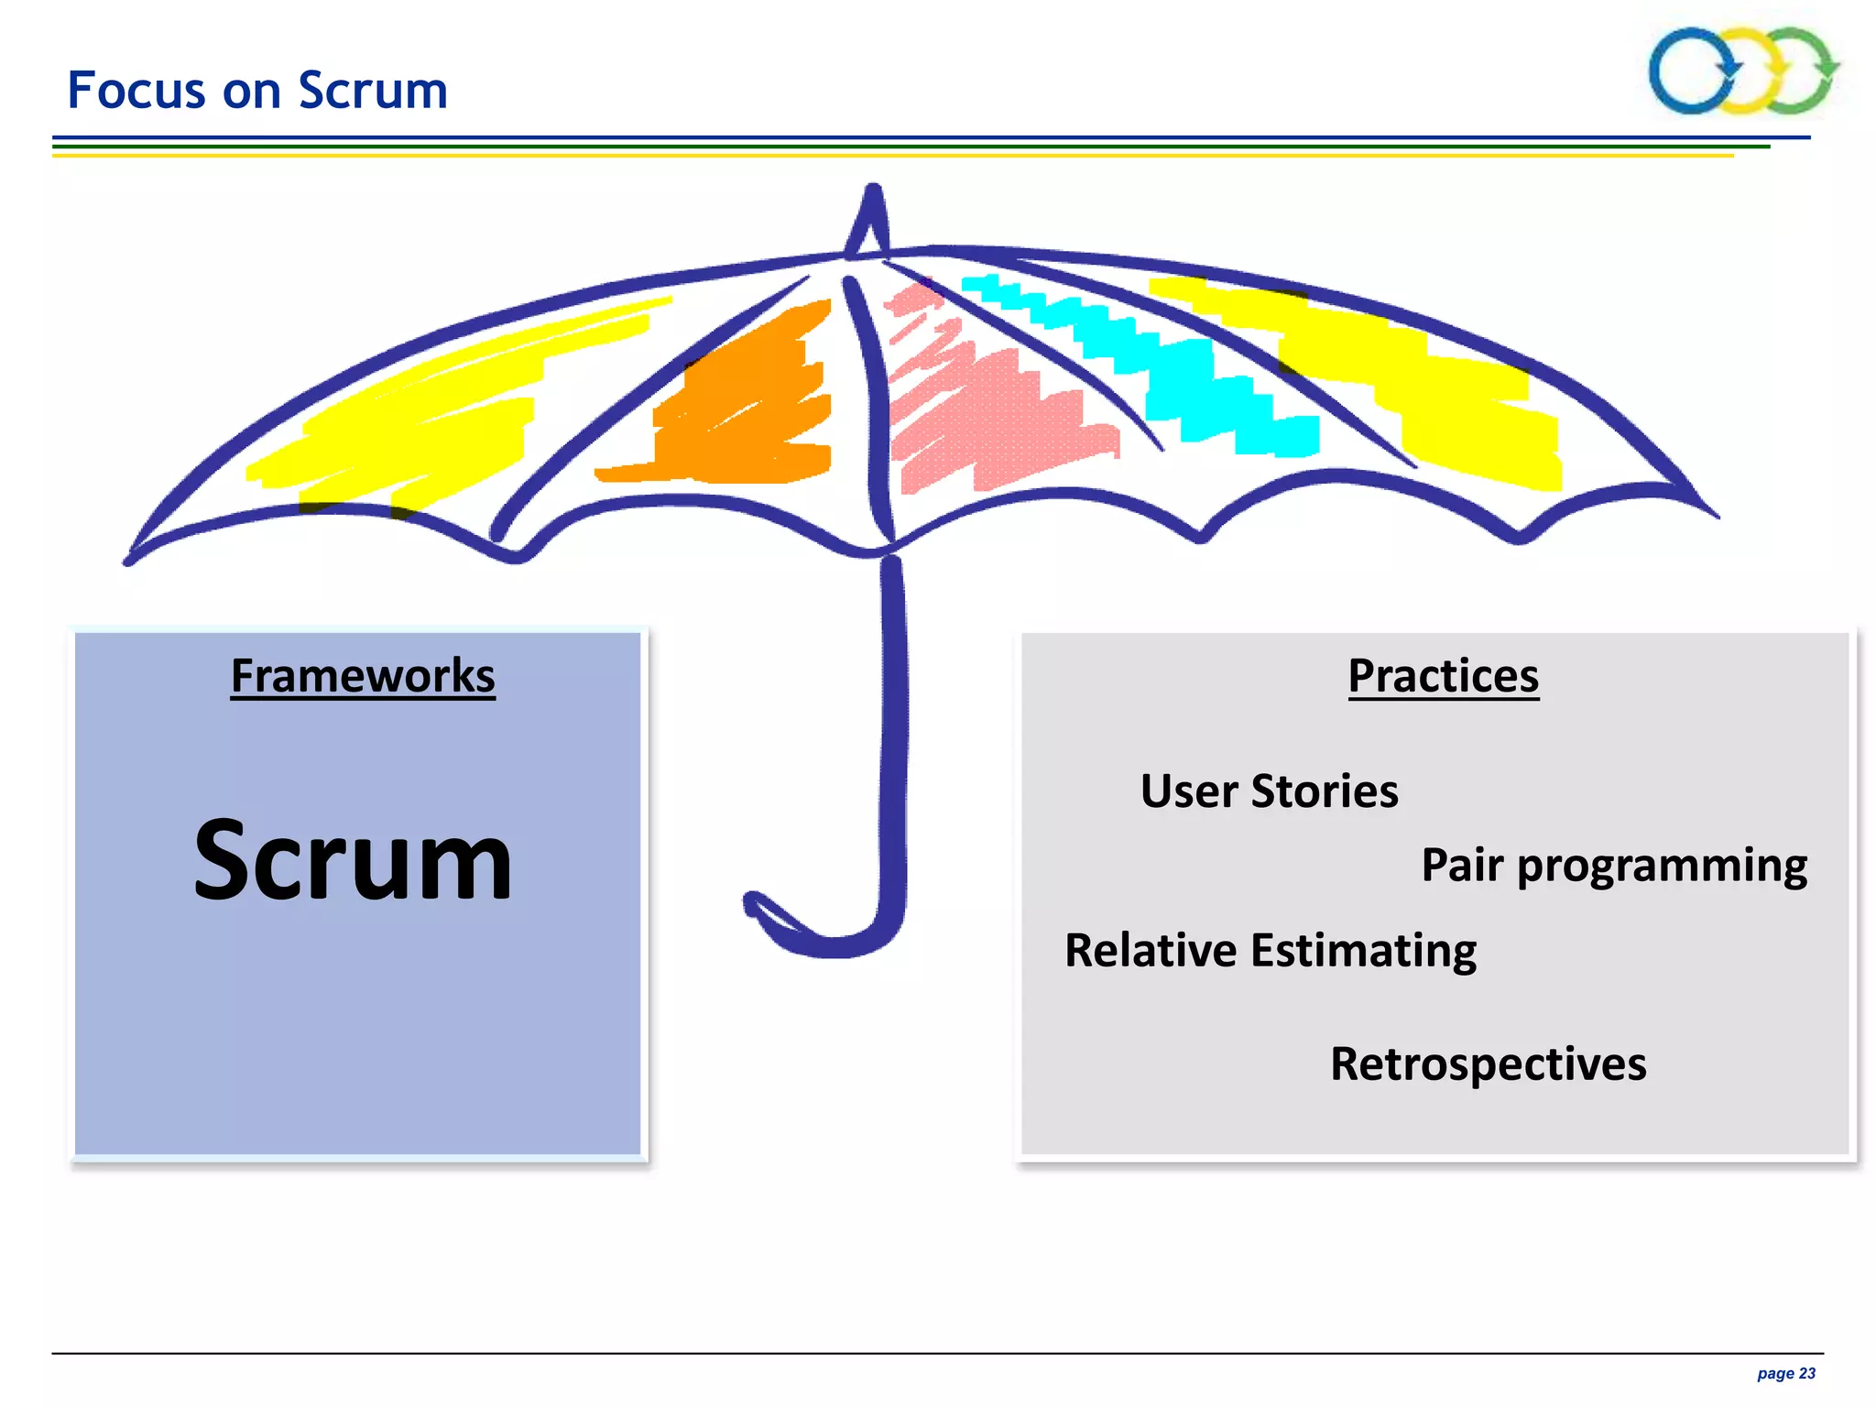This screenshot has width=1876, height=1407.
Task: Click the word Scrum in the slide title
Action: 373,91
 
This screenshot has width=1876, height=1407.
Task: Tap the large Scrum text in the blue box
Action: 353,861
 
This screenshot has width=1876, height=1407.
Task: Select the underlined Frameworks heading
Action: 363,676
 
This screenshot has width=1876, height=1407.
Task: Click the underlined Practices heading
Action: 1443,676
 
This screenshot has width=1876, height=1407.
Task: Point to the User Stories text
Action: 1269,791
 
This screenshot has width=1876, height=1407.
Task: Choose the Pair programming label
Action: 1614,865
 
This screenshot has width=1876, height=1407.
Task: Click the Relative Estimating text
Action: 1270,951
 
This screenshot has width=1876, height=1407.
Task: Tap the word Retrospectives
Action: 1488,1064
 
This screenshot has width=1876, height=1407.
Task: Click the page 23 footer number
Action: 1785,1373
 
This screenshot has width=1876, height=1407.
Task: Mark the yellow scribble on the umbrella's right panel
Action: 1429,385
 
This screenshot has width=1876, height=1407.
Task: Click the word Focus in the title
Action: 136,91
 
